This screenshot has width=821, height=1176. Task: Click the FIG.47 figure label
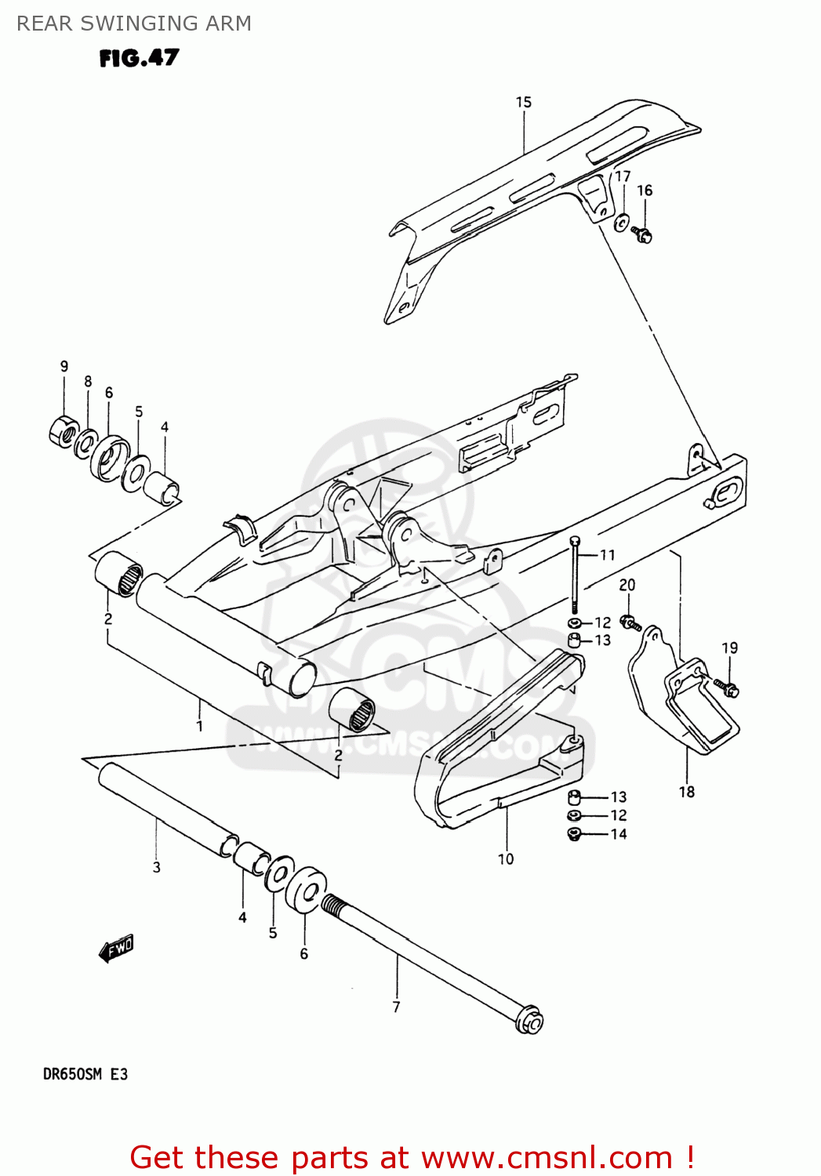coord(139,58)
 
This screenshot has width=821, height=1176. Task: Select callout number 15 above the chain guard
coord(523,102)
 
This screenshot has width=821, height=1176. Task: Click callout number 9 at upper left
coord(64,366)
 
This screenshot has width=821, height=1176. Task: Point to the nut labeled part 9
coord(64,432)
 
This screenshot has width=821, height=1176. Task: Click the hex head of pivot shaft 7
coord(529,1022)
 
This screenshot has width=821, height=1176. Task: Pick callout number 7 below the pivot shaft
coord(396,1007)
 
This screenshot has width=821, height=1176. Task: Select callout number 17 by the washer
coord(623,176)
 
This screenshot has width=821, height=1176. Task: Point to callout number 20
coord(627,585)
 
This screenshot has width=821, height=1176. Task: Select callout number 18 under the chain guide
coord(687,792)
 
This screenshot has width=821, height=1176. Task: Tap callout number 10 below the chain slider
coord(506,859)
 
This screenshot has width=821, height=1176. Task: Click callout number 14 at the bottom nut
coord(619,834)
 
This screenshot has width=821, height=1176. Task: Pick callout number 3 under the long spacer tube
coord(157,867)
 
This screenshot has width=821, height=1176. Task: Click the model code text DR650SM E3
coord(85,1074)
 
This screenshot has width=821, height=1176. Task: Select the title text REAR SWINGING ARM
coord(134,24)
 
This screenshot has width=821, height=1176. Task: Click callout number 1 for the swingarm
coord(199,726)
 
